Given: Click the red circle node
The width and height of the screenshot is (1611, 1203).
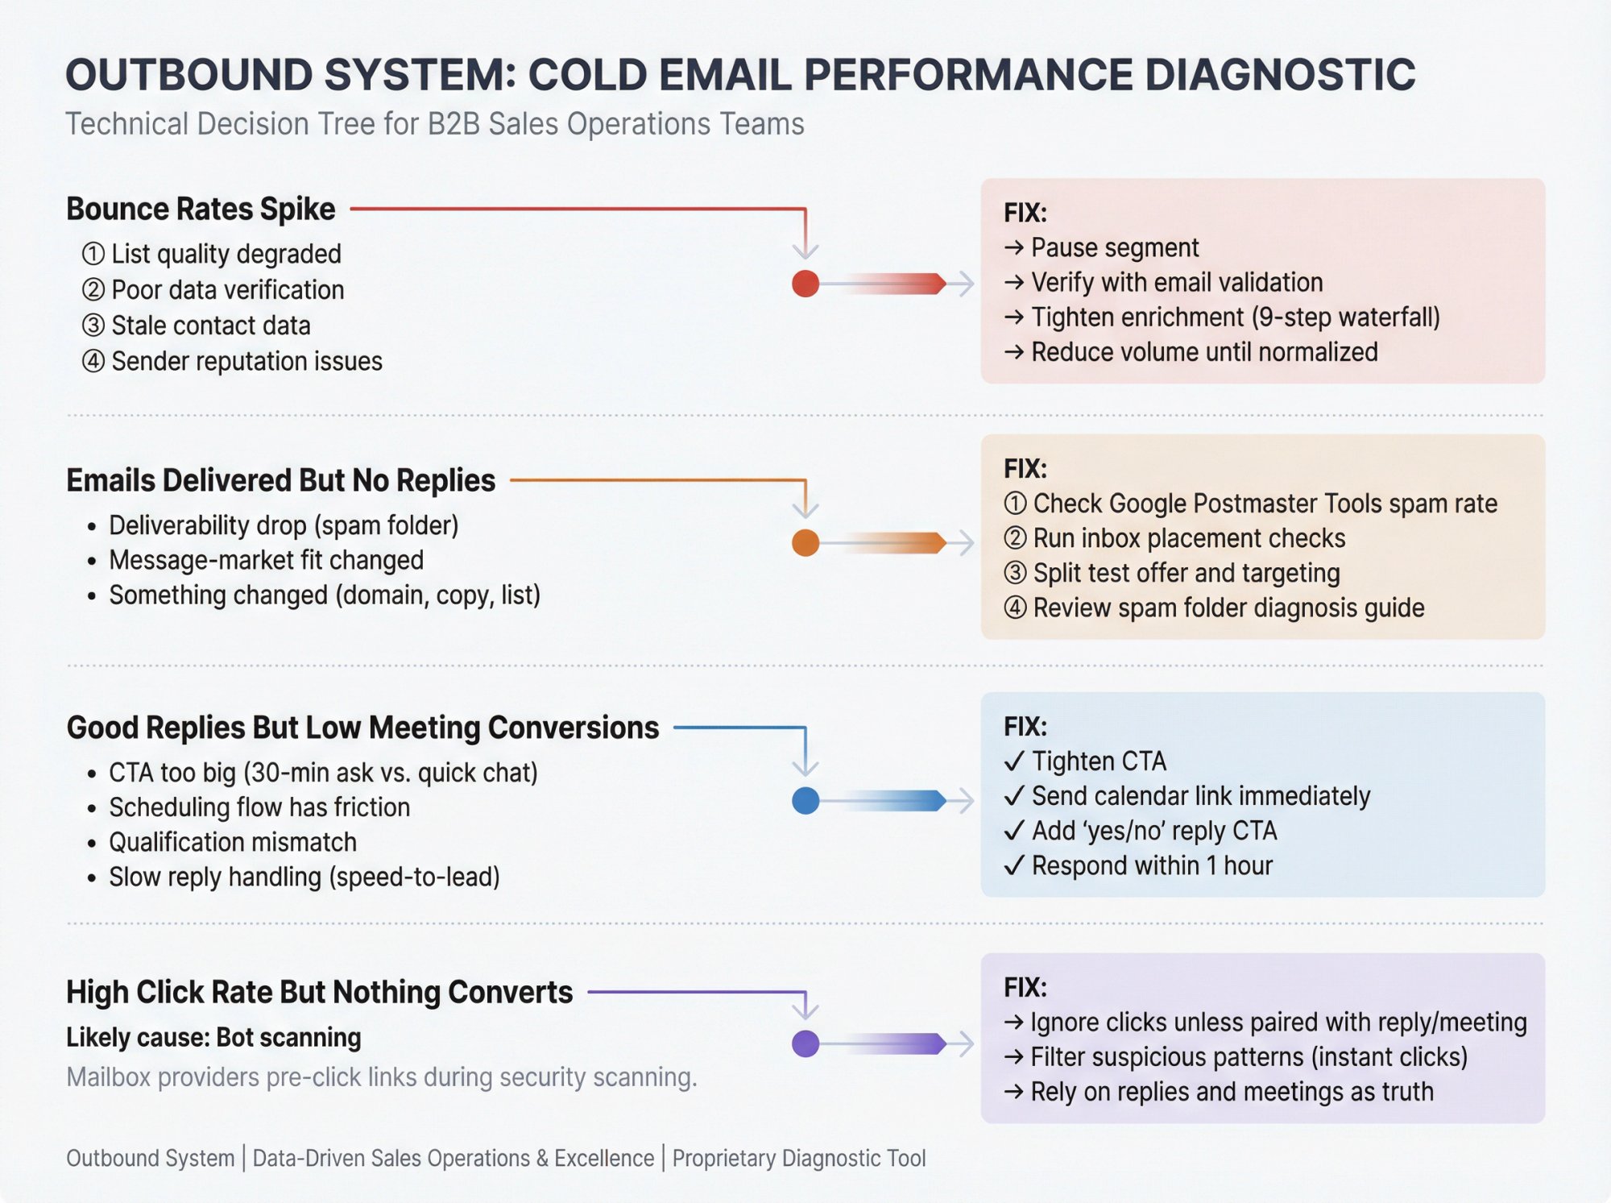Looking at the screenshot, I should [x=805, y=284].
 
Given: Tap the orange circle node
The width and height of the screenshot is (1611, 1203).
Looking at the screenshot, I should [x=805, y=542].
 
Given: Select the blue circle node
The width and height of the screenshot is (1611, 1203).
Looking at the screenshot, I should [x=805, y=800].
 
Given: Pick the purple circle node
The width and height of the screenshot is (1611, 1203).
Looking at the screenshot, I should [x=805, y=1043].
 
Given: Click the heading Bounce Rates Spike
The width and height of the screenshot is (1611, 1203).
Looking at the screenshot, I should [x=201, y=209].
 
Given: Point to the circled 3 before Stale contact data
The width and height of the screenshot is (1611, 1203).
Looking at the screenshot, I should [x=93, y=326].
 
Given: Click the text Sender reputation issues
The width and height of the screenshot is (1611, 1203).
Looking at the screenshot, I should [x=246, y=361].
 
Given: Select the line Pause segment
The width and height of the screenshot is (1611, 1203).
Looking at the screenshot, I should [x=1114, y=247].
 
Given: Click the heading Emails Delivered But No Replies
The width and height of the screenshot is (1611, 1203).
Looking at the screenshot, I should [x=280, y=480].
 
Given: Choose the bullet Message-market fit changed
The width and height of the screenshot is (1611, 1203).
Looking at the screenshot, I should [x=266, y=560].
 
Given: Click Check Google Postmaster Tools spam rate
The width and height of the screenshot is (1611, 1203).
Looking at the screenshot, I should [x=1265, y=504].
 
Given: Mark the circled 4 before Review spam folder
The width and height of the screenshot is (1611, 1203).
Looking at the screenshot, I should [x=1015, y=608].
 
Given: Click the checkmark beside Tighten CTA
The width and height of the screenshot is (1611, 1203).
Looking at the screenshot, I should [x=1015, y=761].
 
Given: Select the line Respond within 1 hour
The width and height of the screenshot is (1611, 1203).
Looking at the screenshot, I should [x=1152, y=865].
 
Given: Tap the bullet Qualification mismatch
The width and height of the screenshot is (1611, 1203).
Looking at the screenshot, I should [x=233, y=842].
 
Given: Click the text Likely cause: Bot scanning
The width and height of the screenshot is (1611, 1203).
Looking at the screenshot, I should [x=213, y=1037].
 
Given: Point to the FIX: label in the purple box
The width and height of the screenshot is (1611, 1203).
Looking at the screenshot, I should [x=1025, y=987].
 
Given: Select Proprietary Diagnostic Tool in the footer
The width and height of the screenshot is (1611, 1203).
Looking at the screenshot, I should [x=798, y=1158].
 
